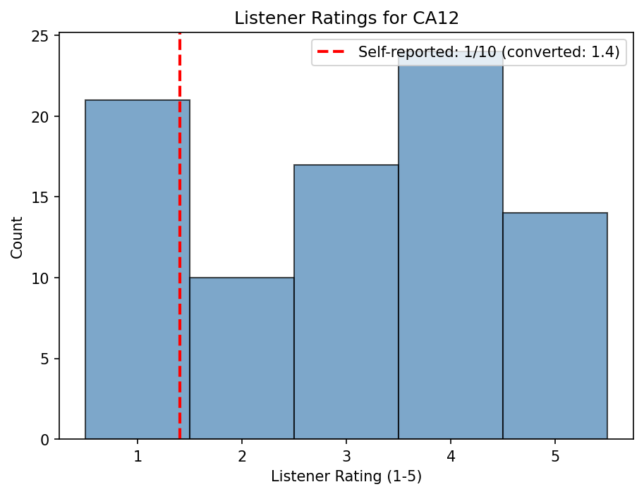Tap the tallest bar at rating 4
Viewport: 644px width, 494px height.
451,254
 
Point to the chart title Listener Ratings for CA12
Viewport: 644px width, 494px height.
346,18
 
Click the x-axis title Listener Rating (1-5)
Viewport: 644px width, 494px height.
346,477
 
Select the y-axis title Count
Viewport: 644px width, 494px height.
17,237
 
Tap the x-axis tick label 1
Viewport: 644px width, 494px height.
138,456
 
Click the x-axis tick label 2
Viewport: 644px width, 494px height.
242,456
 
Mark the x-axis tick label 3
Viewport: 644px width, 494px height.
346,456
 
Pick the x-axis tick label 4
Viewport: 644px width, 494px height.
451,456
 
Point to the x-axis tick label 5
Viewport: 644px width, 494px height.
555,456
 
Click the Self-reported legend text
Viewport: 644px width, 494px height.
488,52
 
